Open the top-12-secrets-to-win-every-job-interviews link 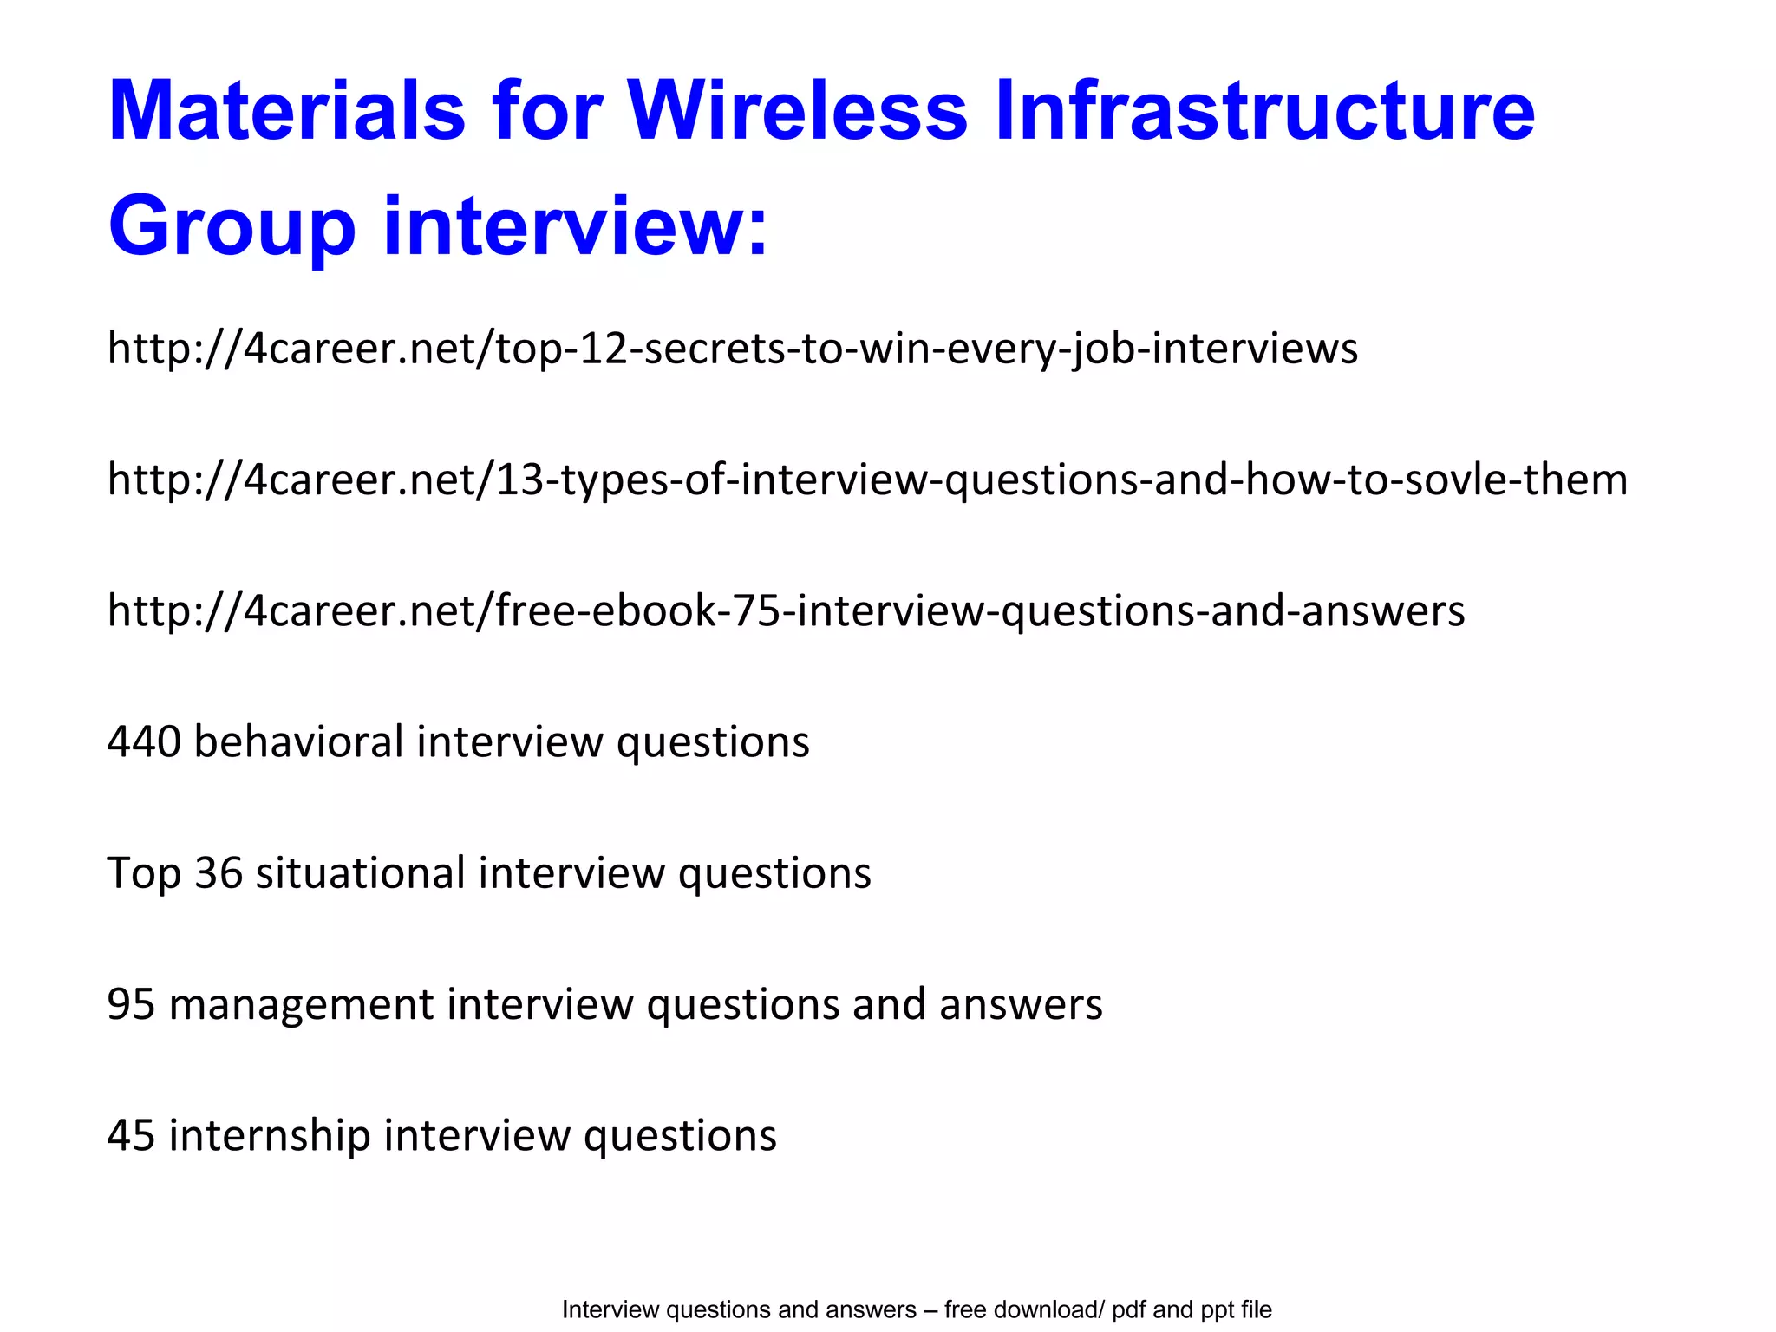click(733, 349)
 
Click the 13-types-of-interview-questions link click(867, 480)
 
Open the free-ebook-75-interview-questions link click(786, 610)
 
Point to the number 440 click(144, 742)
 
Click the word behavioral click(299, 742)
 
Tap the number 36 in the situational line click(219, 873)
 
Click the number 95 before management click(132, 1004)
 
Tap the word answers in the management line click(1021, 1004)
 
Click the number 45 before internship click(132, 1135)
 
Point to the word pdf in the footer click(1129, 1310)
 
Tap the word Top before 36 click(144, 873)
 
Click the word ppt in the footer click(1218, 1310)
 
